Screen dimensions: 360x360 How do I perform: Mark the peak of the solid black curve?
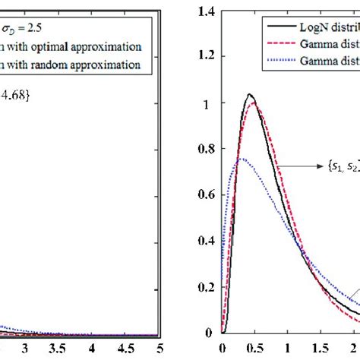[x=249, y=95]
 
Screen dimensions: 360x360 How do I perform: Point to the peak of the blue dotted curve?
[x=242, y=159]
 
